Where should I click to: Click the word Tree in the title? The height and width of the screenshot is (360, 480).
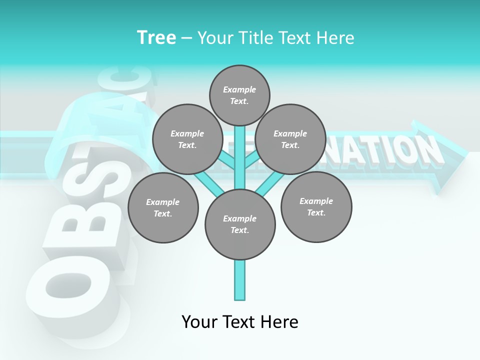click(156, 37)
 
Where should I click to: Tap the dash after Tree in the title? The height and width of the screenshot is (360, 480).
click(186, 38)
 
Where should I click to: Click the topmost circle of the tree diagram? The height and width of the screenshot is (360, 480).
click(239, 95)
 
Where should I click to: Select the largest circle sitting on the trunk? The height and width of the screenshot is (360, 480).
click(240, 224)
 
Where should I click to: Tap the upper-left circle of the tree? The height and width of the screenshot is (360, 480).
click(187, 139)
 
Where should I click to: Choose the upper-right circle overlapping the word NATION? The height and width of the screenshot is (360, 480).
click(290, 139)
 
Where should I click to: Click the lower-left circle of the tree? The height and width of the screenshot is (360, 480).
click(163, 207)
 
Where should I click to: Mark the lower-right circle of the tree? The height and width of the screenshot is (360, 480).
click(316, 207)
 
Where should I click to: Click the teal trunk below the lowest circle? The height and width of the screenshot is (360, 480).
click(240, 280)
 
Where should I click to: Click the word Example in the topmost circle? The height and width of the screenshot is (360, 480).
click(239, 89)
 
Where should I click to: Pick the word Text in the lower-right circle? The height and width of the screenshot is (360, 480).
click(316, 213)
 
